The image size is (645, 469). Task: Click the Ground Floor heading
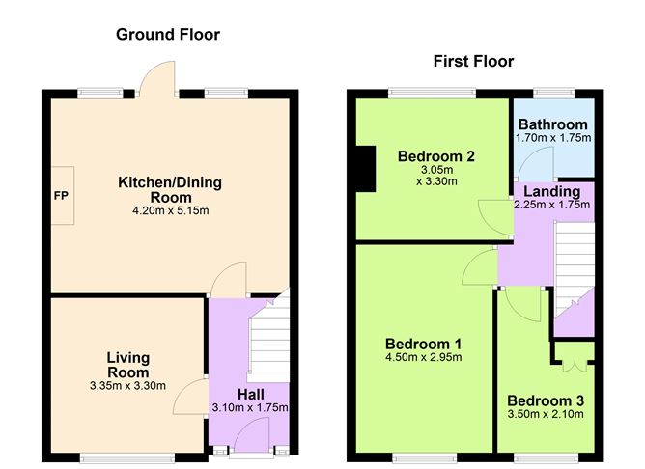tap(168, 35)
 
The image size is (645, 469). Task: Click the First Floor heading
tap(472, 62)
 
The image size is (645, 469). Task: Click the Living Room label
tap(127, 365)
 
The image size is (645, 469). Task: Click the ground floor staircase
tap(269, 338)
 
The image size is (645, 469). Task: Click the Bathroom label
tap(552, 124)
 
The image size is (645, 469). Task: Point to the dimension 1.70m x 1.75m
tap(552, 138)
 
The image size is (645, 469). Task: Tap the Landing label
tap(552, 192)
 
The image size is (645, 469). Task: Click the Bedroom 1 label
tap(423, 344)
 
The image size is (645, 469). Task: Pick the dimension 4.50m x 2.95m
tap(423, 358)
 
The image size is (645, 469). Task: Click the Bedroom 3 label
tap(546, 400)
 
